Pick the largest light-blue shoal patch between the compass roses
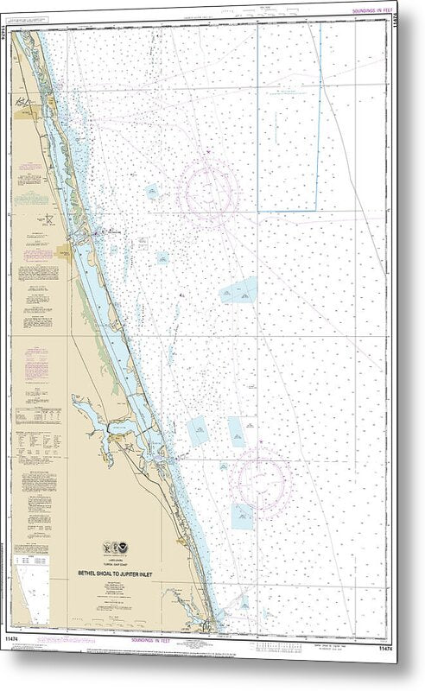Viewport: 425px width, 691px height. point(238,292)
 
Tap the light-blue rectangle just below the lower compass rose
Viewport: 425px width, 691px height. point(242,517)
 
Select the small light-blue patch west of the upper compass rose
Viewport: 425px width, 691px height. point(153,192)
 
